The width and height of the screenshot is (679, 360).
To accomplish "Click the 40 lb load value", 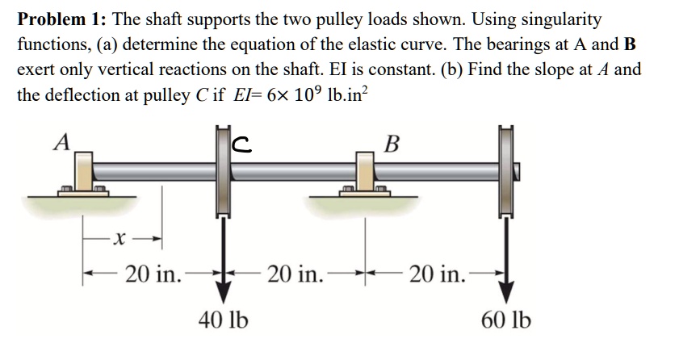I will [x=222, y=320].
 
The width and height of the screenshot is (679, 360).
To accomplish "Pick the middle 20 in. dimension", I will [x=295, y=274].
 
